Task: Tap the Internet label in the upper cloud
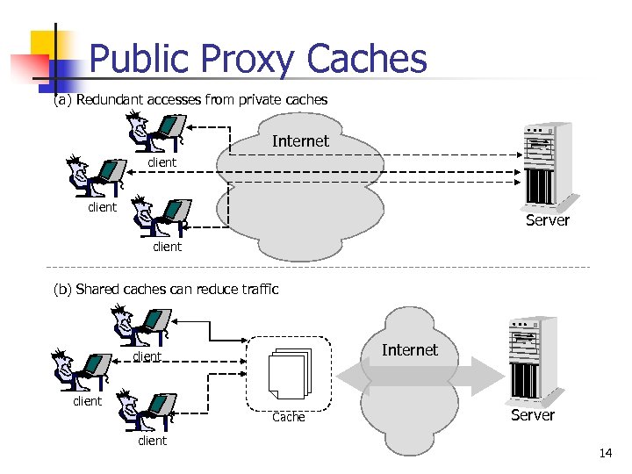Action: [300, 141]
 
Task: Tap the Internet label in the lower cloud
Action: [409, 350]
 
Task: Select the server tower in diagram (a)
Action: [548, 163]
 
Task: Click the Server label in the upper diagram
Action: [548, 220]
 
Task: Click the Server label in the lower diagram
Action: [533, 414]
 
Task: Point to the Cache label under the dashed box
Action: [289, 417]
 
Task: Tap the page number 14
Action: [605, 454]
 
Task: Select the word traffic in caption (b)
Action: [256, 289]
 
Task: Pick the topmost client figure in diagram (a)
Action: [153, 132]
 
